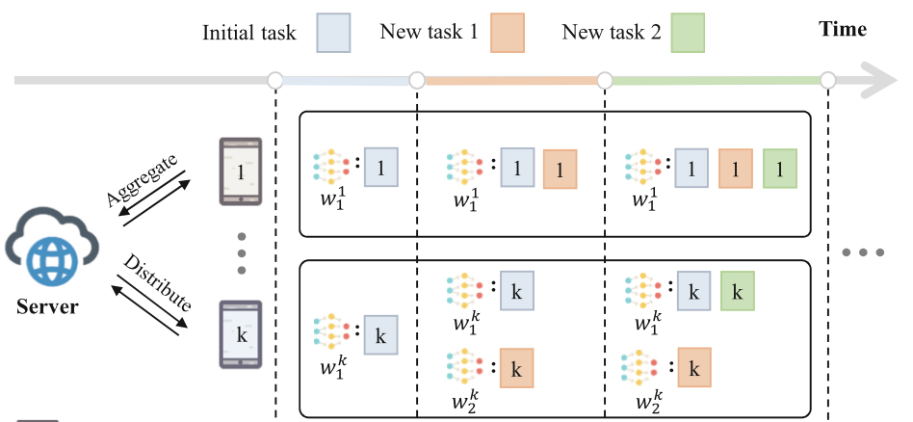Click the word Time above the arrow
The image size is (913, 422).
(x=843, y=30)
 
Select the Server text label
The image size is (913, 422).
(x=47, y=308)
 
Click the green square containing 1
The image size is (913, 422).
(x=781, y=168)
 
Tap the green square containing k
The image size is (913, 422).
(x=737, y=290)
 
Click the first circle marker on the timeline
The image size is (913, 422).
(x=275, y=80)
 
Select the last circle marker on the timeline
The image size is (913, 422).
(x=829, y=80)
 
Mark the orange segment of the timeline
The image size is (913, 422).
(x=510, y=80)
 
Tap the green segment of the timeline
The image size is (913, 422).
(x=717, y=80)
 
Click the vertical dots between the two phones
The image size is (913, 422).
(x=242, y=253)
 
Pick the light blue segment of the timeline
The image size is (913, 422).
(x=346, y=80)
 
